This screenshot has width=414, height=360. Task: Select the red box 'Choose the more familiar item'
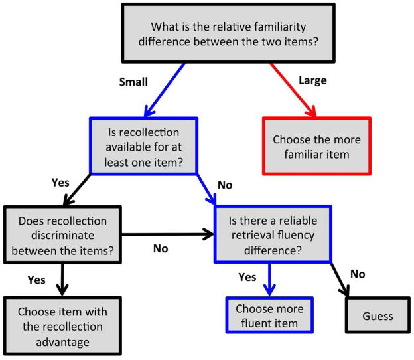pos(316,147)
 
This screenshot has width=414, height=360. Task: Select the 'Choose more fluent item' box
pos(269,316)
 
